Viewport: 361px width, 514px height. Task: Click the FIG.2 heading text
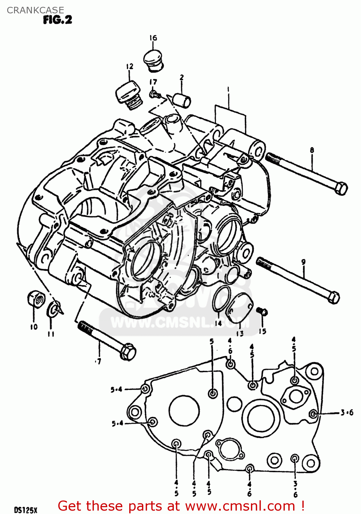(58, 20)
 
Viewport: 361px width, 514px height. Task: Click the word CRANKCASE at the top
(35, 10)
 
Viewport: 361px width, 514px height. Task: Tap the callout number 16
(153, 38)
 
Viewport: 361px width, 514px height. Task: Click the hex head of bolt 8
(340, 188)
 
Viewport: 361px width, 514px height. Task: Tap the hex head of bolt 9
(333, 297)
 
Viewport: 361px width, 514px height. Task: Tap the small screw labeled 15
(262, 311)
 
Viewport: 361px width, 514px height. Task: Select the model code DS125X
(25, 510)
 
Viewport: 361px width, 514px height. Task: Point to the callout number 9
(303, 262)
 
